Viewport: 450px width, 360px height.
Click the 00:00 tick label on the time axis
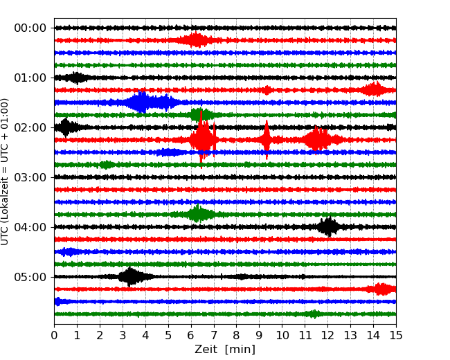30,28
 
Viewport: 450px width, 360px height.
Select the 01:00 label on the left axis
30,78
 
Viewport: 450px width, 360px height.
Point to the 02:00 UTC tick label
30,127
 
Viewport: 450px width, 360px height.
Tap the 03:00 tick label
30,177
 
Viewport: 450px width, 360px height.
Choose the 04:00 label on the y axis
30,227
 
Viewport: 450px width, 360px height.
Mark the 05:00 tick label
30,277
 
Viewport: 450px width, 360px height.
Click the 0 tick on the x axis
54,335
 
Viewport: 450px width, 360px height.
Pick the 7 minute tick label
214,335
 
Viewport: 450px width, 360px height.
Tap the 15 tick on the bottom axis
396,335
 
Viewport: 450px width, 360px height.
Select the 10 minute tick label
282,335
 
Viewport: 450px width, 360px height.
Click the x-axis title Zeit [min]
225,350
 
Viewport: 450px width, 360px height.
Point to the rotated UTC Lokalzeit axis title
6,171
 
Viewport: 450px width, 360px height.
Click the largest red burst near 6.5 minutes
202,140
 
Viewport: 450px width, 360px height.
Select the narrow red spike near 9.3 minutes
267,140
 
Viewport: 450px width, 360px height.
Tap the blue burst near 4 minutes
142,102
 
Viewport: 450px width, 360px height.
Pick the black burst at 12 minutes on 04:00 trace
327,226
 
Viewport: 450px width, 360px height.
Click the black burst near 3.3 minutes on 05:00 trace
129,277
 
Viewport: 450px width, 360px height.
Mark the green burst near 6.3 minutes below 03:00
198,214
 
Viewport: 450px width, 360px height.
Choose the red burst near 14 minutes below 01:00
375,89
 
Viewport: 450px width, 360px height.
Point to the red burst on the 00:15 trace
197,40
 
